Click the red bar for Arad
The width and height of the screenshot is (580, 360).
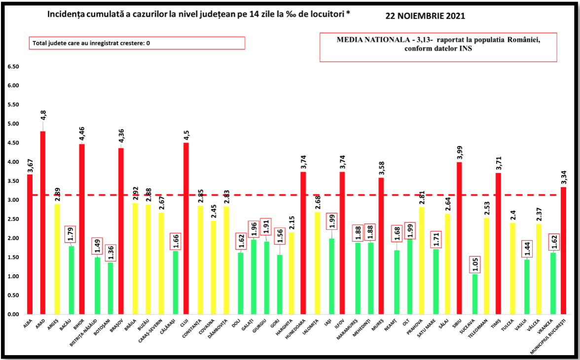(x=42, y=222)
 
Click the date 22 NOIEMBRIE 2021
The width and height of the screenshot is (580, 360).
(x=425, y=16)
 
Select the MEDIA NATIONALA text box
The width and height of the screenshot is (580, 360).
(x=438, y=47)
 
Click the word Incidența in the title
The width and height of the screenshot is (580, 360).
(x=67, y=14)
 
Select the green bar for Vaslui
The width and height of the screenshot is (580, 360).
(x=527, y=287)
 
